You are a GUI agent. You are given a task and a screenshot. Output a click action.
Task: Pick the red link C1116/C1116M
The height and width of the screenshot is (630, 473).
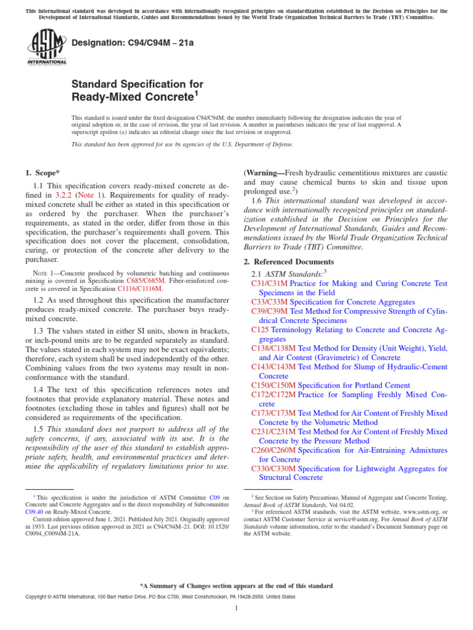point(140,288)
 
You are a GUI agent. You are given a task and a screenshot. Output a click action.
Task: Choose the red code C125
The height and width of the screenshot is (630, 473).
point(259,330)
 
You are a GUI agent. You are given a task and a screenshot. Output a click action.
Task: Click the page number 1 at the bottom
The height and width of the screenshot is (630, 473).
point(236,608)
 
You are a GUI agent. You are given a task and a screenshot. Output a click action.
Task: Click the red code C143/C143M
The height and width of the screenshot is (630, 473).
point(273,366)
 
